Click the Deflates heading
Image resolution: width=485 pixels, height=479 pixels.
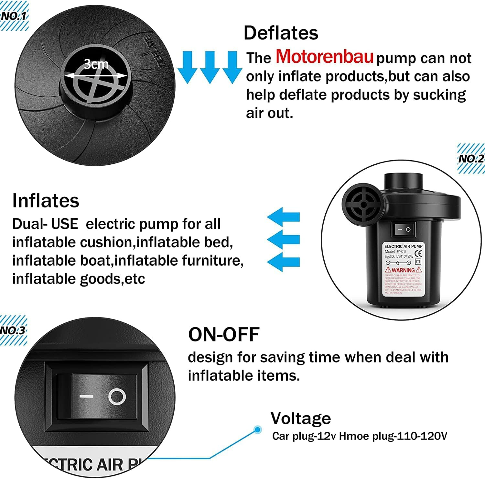point(281,33)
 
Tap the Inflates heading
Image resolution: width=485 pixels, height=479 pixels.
point(46,201)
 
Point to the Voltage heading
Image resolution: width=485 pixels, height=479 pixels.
point(301,418)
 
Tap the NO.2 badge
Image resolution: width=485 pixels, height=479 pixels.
point(471,159)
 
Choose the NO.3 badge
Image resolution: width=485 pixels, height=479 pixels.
point(13,330)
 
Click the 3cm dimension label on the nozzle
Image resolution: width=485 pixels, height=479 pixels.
point(96,64)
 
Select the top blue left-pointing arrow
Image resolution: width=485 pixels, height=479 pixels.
point(284,217)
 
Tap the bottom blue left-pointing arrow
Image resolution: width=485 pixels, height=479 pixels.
point(284,262)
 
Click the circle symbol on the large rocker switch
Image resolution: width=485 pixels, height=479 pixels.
point(117,397)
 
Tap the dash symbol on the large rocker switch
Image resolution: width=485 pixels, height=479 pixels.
point(86,396)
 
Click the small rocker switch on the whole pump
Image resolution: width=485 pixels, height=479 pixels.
point(403,229)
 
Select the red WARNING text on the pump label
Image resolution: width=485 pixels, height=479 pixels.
point(403,270)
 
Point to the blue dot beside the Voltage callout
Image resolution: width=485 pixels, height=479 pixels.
point(257,429)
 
